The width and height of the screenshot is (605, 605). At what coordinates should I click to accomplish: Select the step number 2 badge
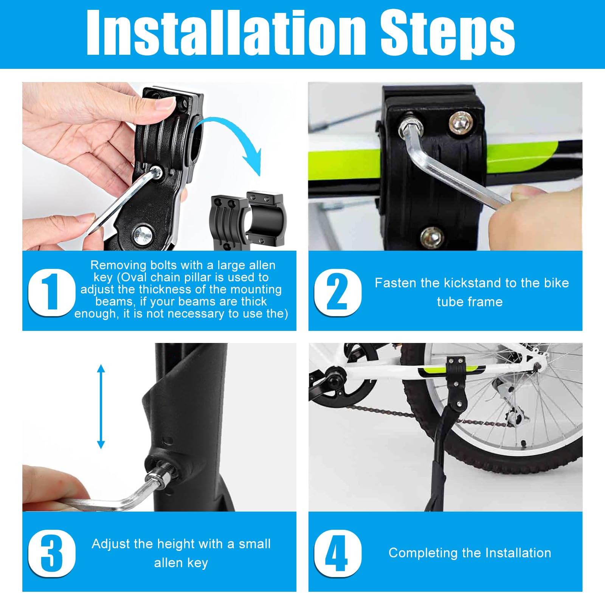pos(338,292)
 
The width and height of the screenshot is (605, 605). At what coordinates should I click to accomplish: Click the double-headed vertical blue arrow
pos(101,406)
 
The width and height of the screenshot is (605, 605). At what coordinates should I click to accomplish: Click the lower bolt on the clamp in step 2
pos(432,236)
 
